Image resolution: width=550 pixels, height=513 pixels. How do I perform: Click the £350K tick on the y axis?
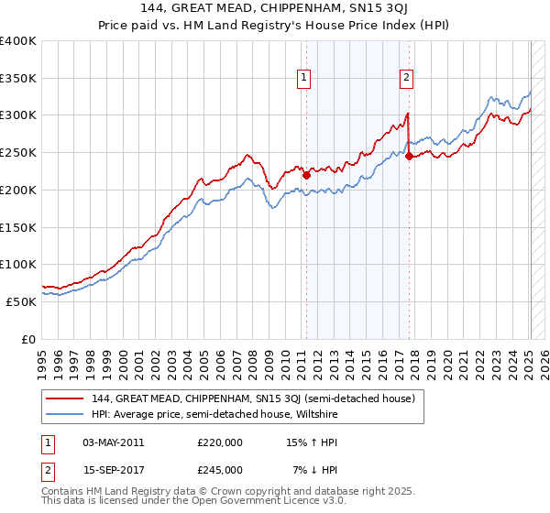tap(18, 79)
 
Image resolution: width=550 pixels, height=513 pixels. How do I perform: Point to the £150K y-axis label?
tap(18, 227)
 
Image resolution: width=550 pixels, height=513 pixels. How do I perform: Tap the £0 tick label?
tap(27, 339)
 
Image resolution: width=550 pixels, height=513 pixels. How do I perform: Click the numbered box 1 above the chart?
tap(303, 79)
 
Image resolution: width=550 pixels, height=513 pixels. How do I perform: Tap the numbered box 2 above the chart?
tap(406, 79)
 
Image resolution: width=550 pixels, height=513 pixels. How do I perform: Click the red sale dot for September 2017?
tap(409, 157)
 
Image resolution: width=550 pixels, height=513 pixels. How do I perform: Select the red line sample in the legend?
tap(66, 398)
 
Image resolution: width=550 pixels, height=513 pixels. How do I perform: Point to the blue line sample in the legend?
tap(66, 414)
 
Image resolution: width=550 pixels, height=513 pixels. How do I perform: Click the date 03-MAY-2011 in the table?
tap(112, 442)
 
